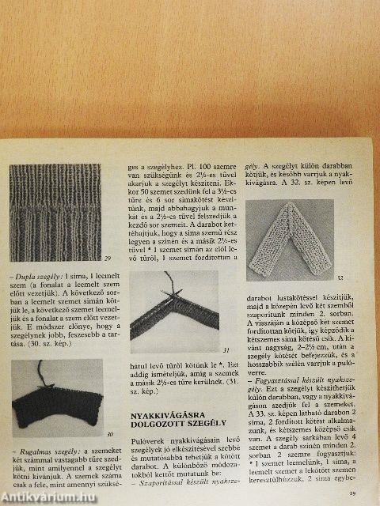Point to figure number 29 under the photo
(107, 259)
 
